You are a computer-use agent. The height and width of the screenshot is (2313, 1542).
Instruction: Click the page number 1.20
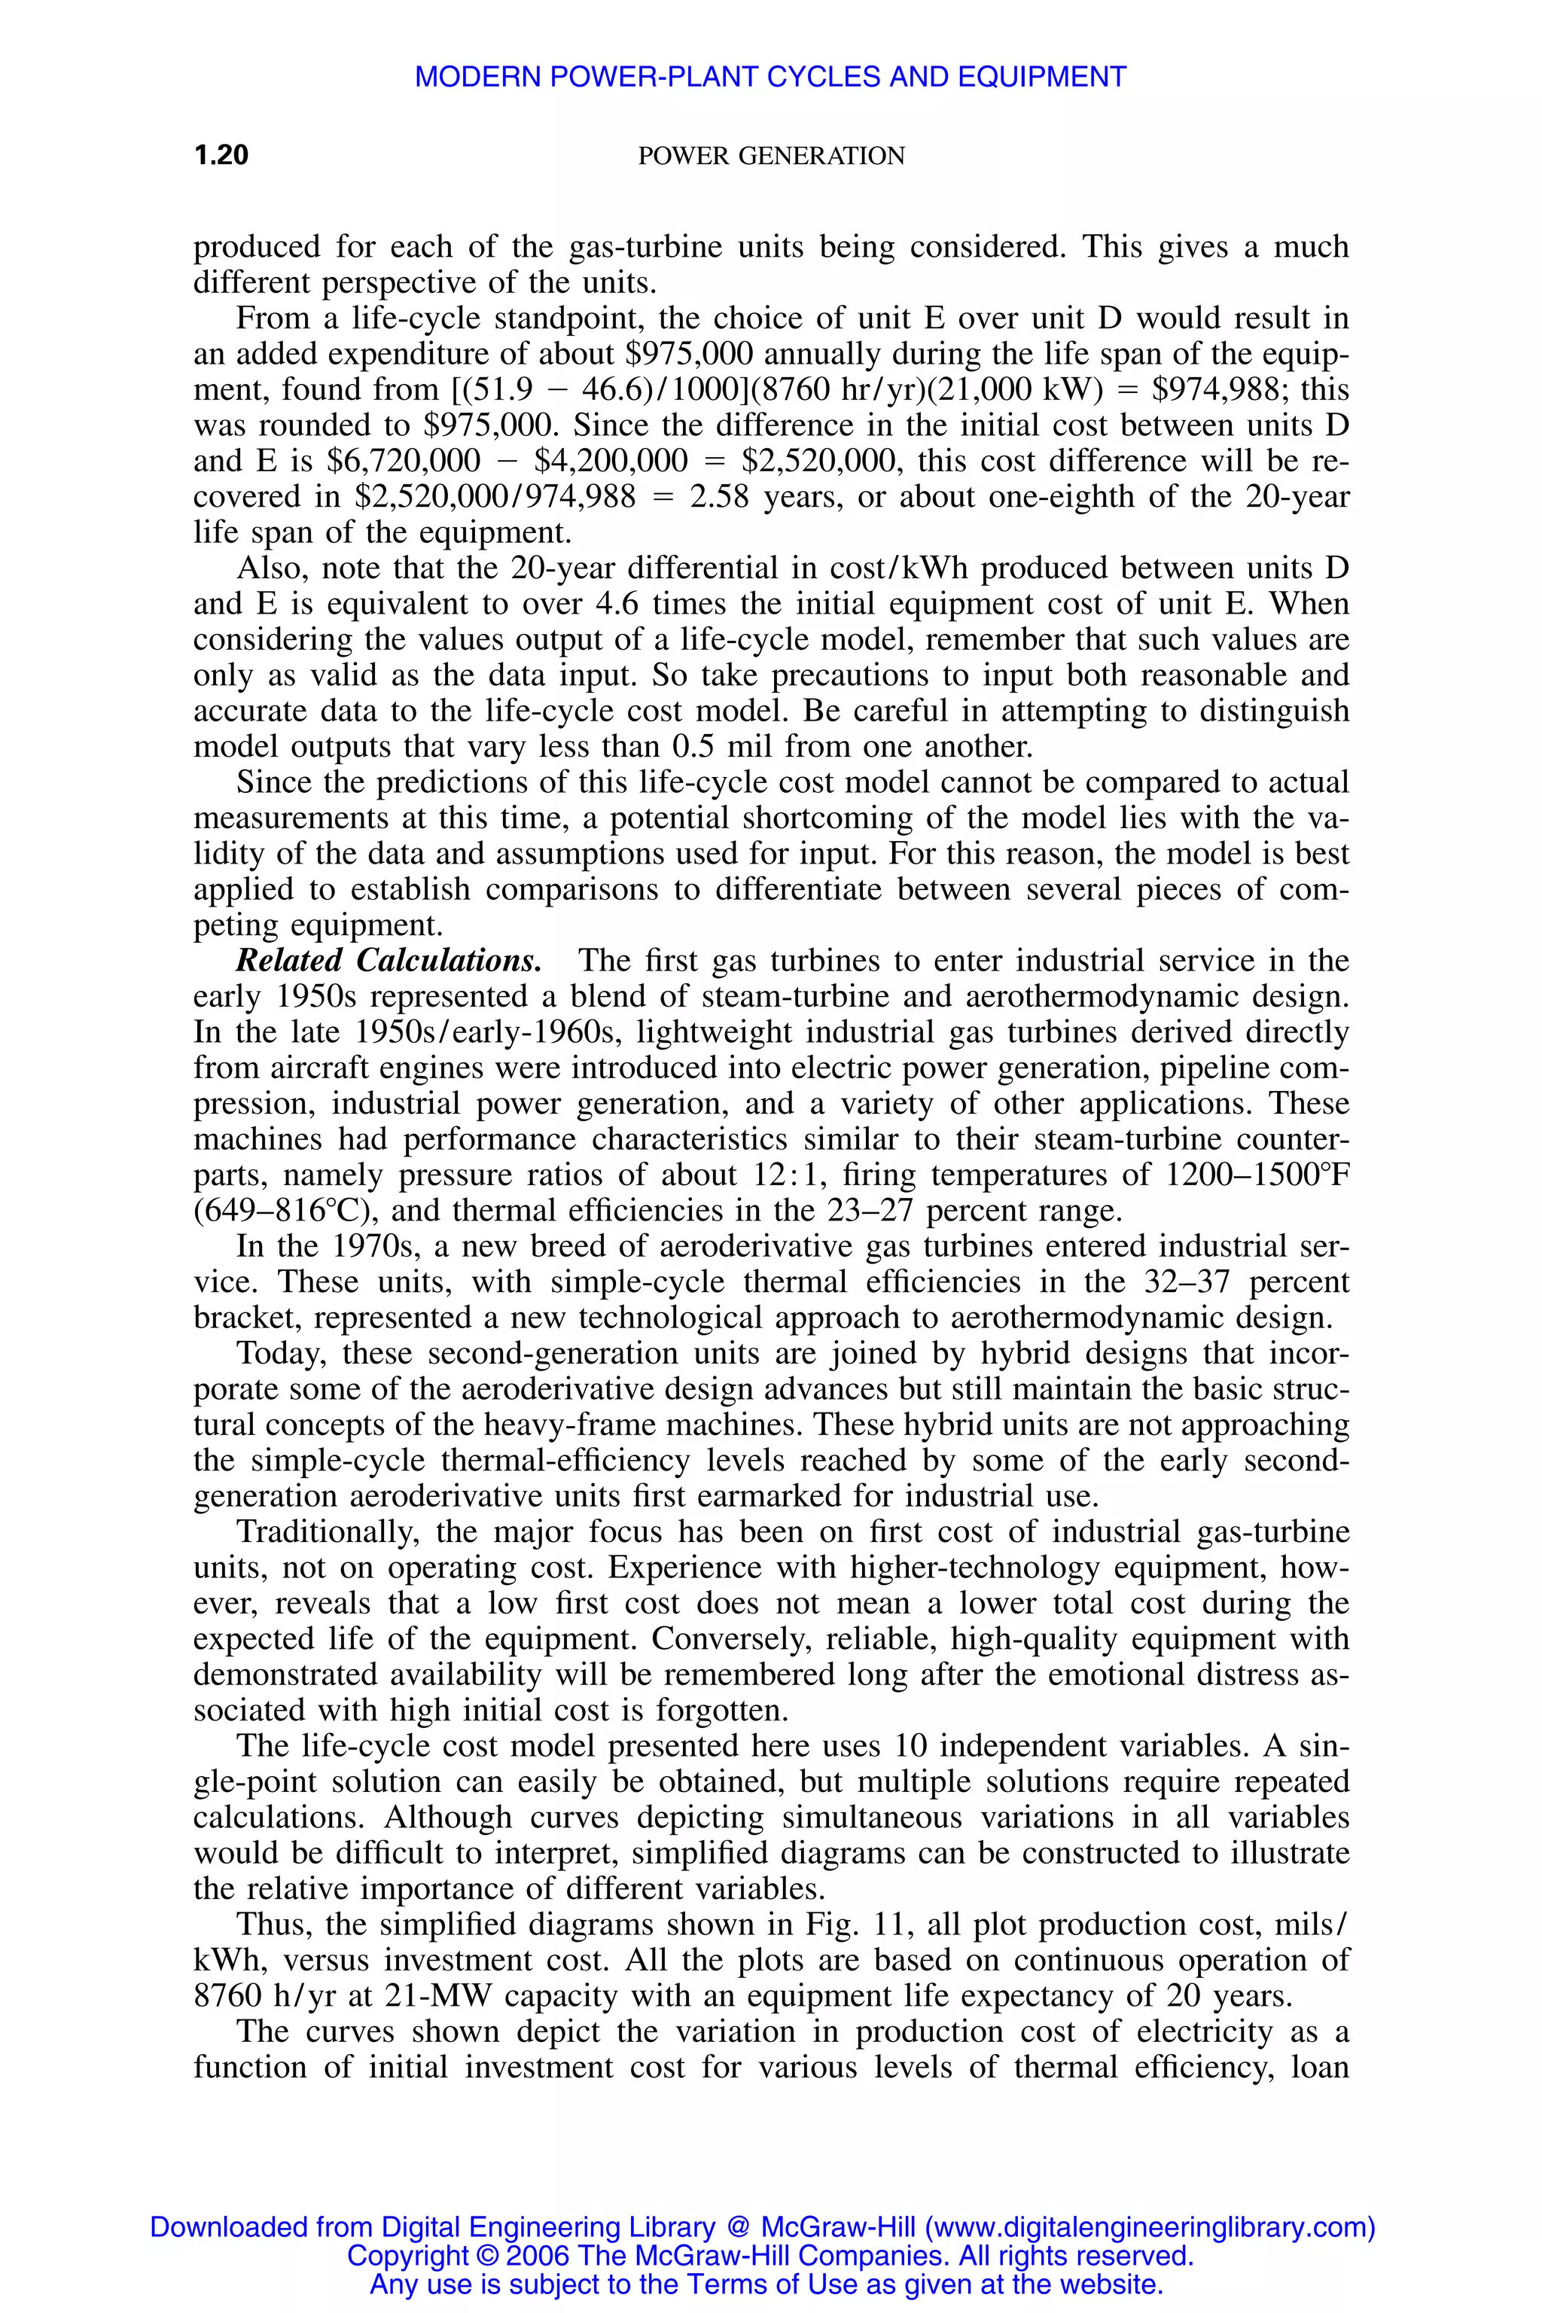click(x=221, y=155)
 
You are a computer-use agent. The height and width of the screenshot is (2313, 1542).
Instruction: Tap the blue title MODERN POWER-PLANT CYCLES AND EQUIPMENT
click(x=770, y=77)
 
